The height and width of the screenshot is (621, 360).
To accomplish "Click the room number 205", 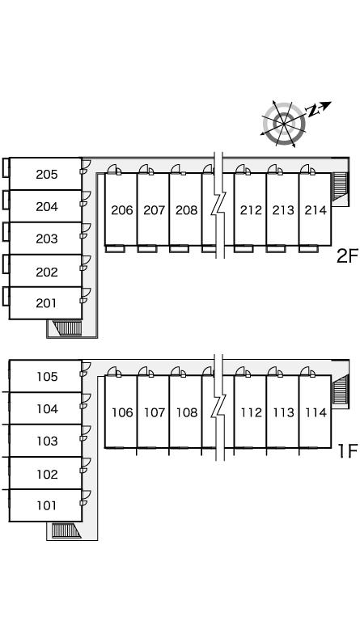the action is tap(47, 175).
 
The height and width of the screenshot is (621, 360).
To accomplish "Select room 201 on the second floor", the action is tap(45, 303).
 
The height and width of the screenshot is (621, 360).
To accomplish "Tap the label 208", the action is tap(186, 210).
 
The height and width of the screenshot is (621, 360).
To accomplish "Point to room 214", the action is tap(315, 209).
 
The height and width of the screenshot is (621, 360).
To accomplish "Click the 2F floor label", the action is tap(346, 256).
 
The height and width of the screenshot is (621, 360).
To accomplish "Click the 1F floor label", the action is tap(347, 450).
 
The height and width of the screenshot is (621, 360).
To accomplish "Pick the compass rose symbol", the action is tap(284, 124).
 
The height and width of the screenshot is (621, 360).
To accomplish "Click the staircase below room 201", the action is tap(67, 328).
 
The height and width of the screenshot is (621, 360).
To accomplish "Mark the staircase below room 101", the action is tap(66, 530).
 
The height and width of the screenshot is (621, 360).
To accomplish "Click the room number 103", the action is tap(47, 441).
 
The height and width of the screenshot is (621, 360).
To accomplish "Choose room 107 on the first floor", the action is tap(153, 412).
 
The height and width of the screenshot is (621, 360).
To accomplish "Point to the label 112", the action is tap(251, 412).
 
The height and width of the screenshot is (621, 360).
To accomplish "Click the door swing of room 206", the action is tap(114, 169).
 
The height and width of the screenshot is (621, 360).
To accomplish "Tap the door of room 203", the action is tap(85, 230).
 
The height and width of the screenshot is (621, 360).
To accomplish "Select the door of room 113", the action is tap(275, 371).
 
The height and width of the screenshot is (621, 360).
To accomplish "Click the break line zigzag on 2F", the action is tap(219, 205).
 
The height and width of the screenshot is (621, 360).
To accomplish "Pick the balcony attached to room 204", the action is tap(6, 200).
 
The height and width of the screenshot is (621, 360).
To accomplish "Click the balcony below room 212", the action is tap(244, 249).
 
